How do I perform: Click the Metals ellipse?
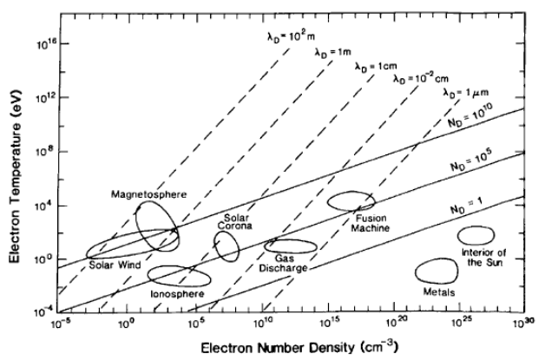[x=437, y=271]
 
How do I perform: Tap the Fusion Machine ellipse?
[x=351, y=200]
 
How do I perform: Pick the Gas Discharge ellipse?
[x=291, y=246]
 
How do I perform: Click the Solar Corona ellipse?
[x=227, y=246]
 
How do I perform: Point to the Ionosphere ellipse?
[x=180, y=276]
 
